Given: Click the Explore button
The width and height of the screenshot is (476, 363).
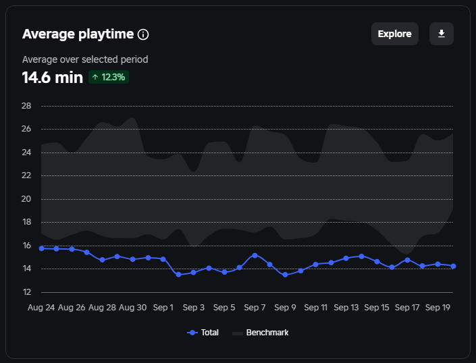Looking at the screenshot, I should tap(394, 34).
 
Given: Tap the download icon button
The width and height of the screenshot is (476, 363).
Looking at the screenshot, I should tap(442, 34).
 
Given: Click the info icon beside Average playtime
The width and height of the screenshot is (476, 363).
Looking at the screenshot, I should tap(143, 34).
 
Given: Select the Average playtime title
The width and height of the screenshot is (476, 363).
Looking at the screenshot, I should tap(78, 34).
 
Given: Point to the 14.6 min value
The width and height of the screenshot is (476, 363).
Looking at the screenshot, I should tap(53, 77).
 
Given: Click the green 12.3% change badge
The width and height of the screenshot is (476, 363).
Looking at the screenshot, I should tap(109, 77).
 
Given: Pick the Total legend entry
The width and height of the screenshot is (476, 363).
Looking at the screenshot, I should tap(203, 333).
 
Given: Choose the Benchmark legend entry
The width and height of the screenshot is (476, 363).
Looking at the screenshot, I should tap(261, 333).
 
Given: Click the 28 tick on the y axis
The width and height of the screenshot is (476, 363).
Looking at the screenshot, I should tap(27, 106).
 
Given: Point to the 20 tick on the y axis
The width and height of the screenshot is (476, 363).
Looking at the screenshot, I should tap(27, 199).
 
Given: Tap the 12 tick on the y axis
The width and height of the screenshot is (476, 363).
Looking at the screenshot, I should tap(27, 292).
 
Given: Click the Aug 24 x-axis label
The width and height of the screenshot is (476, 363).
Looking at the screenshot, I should tap(41, 308).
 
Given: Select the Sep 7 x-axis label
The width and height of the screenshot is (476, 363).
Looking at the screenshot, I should tap(255, 308).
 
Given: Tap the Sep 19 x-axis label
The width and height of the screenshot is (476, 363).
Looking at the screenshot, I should tap(438, 308).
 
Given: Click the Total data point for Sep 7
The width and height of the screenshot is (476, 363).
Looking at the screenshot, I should tap(255, 256).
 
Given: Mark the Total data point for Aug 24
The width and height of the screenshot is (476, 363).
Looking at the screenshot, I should tap(41, 248).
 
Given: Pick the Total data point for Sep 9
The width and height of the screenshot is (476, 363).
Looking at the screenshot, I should tap(285, 275).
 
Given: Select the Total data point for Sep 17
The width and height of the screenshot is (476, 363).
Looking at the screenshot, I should tap(407, 260).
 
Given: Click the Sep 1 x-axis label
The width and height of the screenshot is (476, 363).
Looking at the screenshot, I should tap(163, 308).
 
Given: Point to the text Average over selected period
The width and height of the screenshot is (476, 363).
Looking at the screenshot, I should tap(85, 59).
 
